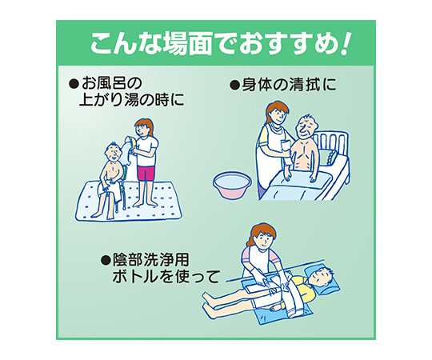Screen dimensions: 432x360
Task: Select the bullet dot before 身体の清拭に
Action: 234,86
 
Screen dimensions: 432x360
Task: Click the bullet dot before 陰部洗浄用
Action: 106,259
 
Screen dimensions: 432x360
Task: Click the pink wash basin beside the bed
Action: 232,185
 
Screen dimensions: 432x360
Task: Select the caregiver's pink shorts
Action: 146,173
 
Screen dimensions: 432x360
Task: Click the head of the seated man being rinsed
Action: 114,152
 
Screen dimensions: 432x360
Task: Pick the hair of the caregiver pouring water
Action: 145,125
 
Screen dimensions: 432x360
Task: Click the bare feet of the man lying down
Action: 207,302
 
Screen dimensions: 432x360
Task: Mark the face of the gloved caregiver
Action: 263,239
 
